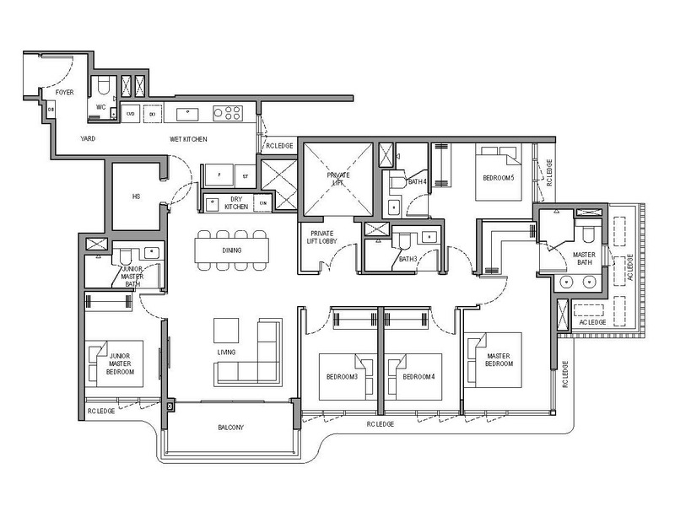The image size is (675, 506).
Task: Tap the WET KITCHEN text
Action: point(188,139)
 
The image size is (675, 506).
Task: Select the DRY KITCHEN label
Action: point(237,202)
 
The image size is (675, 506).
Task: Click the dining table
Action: point(231,250)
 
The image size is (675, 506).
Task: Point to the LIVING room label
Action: point(225,351)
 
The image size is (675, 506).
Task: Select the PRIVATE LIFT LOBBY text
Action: point(326,238)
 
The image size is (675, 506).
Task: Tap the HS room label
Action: point(137,196)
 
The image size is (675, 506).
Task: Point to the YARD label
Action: point(86,138)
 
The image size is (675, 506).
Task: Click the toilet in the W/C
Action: point(102,85)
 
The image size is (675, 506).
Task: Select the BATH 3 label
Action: point(408,258)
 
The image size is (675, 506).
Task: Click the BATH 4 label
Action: point(417,181)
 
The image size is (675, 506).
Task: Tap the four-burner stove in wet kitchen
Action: point(228,112)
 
